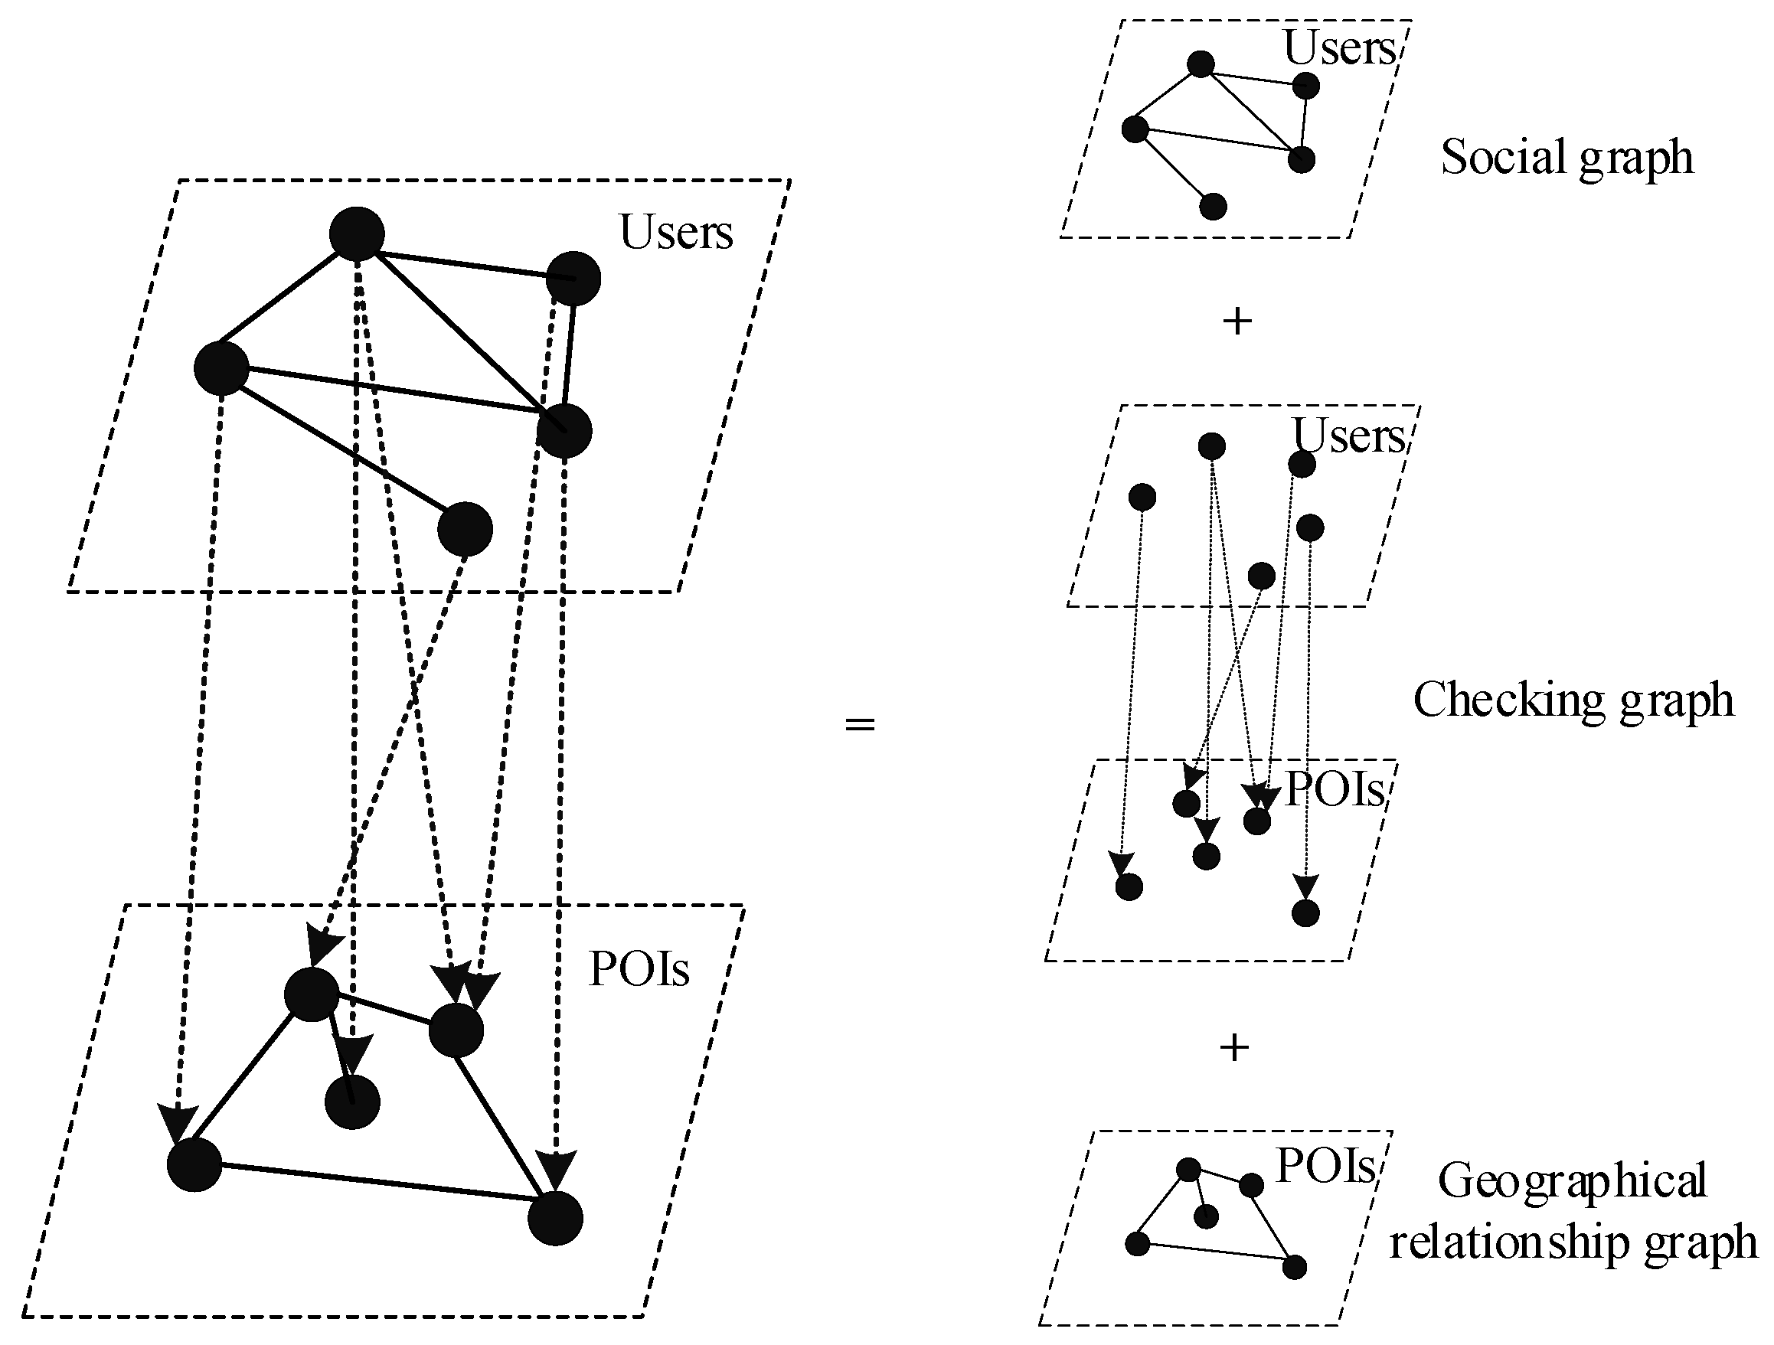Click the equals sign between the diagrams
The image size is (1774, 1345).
pyautogui.click(x=859, y=725)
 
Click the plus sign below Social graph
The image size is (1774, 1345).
pyautogui.click(x=1237, y=322)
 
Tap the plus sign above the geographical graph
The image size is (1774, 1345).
pyautogui.click(x=1234, y=1047)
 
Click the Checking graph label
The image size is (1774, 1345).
pyautogui.click(x=1573, y=700)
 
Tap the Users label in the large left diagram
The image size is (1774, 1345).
pyautogui.click(x=675, y=233)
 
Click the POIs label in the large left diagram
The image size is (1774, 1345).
pyautogui.click(x=639, y=969)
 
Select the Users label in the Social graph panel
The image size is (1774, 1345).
pyautogui.click(x=1338, y=48)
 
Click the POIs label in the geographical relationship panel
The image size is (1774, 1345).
pyautogui.click(x=1325, y=1165)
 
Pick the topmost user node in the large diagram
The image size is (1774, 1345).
pyautogui.click(x=357, y=234)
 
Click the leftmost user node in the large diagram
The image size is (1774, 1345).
pyautogui.click(x=221, y=368)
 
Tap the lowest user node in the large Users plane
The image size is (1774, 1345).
pyautogui.click(x=466, y=529)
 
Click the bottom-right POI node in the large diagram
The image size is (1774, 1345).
pyautogui.click(x=555, y=1218)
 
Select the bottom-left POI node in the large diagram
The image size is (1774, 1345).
pyautogui.click(x=194, y=1164)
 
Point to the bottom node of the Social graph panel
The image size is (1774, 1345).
pyautogui.click(x=1214, y=206)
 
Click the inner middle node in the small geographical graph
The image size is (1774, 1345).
pyautogui.click(x=1206, y=1216)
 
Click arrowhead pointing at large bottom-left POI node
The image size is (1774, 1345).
pyautogui.click(x=177, y=1121)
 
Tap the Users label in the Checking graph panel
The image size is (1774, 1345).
pyautogui.click(x=1348, y=436)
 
